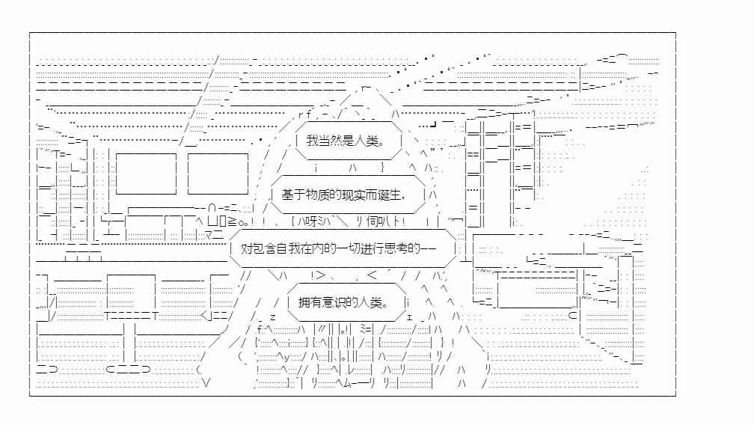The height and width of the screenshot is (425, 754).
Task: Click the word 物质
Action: [317, 195]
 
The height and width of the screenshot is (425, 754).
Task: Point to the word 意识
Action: [334, 302]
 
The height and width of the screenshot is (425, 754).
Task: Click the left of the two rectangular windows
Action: [146, 174]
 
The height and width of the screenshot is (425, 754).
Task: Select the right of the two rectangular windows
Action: [218, 174]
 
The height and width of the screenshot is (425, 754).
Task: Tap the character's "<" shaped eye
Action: [373, 275]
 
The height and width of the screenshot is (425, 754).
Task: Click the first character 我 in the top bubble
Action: [313, 141]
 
